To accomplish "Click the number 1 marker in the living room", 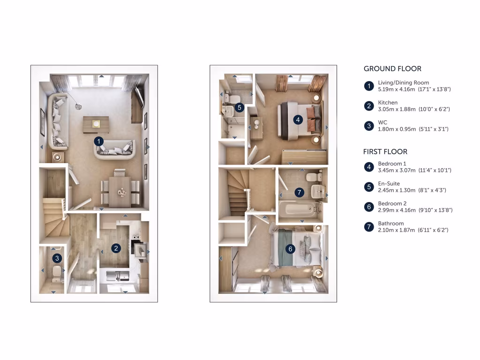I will click(98, 141).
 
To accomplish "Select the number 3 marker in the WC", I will click(57, 258).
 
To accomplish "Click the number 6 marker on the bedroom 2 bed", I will click(291, 249).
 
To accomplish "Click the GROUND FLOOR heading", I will click(392, 68).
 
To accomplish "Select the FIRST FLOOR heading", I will click(385, 152).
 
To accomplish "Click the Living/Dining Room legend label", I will click(403, 82).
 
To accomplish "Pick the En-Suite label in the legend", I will click(389, 184).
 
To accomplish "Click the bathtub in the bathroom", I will click(298, 209).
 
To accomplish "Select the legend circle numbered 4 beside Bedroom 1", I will click(369, 167).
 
